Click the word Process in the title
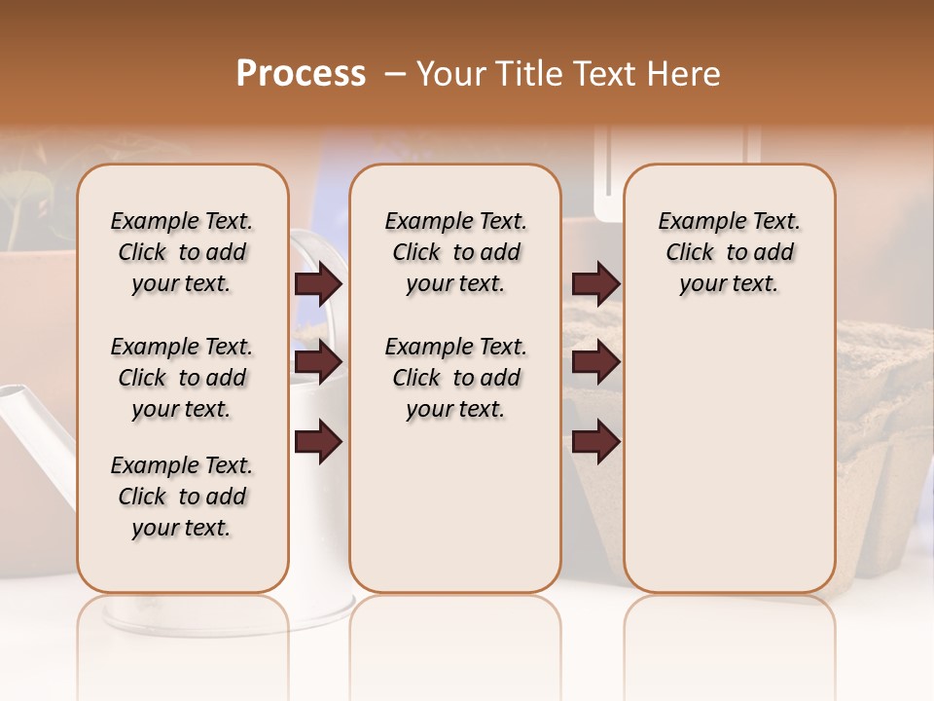point(301,74)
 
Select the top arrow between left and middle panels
point(318,284)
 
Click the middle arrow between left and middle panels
point(318,363)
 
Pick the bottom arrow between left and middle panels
point(318,441)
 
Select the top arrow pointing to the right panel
point(595,284)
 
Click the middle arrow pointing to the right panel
point(595,363)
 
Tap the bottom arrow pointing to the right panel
point(595,441)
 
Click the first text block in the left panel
point(182,252)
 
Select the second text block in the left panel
point(182,378)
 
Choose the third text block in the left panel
point(182,497)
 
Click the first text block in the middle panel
point(455,252)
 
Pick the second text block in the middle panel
point(455,378)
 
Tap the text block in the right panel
point(729,252)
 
